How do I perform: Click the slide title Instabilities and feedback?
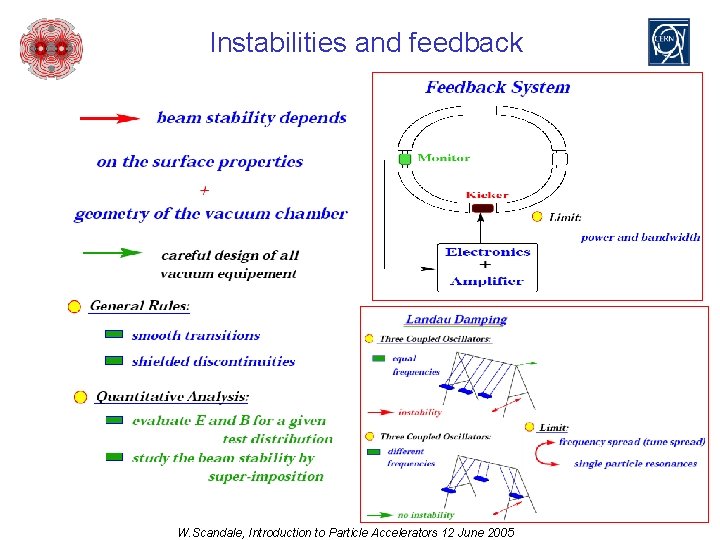point(366,43)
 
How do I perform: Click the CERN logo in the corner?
point(668,42)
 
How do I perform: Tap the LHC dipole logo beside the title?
point(51,47)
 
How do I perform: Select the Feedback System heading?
point(497,87)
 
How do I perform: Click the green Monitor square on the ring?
point(405,158)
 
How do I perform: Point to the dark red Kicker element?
point(483,208)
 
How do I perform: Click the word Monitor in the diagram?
point(443,157)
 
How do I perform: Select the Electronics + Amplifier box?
point(487,265)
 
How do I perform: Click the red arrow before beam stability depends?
point(109,118)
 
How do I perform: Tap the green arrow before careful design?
point(111,254)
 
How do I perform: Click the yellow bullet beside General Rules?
point(74,307)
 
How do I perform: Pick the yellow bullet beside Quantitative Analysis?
point(80,397)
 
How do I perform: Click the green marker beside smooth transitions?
point(114,335)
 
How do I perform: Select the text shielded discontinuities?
point(213,361)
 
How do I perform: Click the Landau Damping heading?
point(456,320)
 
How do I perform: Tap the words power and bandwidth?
point(640,238)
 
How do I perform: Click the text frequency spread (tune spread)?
point(632,442)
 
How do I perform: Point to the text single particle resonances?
point(635,464)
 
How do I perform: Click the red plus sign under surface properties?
point(204,188)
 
